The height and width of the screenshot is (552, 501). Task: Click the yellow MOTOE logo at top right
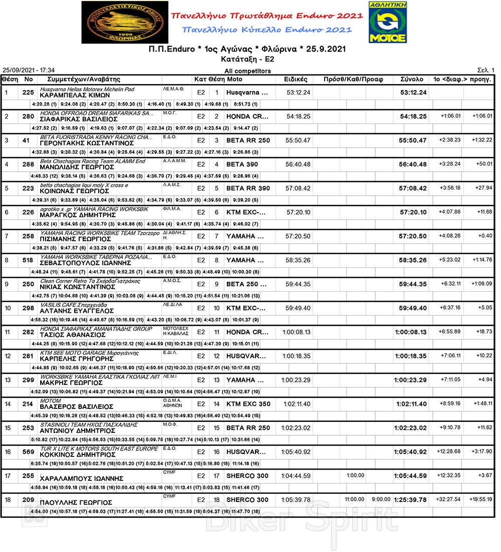pos(388,22)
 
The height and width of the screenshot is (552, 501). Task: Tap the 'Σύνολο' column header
pos(412,80)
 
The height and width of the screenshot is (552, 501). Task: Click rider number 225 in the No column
pos(28,93)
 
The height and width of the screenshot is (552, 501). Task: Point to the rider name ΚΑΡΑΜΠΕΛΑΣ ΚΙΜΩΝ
pos(75,95)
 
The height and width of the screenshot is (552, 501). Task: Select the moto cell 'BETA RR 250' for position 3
pos(248,141)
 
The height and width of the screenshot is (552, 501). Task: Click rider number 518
pos(28,260)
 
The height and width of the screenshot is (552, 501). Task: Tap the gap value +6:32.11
pos(450,284)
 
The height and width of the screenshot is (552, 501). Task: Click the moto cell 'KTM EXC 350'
pos(248,404)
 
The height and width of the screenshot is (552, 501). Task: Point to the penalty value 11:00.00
pos(354,499)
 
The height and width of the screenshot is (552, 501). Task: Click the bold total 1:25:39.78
pos(410,500)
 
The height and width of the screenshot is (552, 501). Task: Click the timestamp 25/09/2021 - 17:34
pos(29,71)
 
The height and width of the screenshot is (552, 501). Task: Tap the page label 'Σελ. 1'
pos(486,71)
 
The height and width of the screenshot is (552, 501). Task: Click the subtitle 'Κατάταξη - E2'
pos(247,59)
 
